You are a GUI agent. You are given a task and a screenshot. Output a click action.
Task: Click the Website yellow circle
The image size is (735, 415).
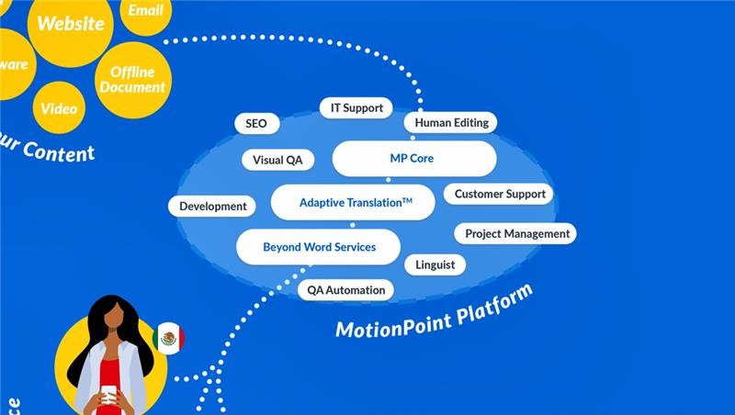pos(70,23)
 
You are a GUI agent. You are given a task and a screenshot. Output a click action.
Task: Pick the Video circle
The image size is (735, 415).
pos(59,108)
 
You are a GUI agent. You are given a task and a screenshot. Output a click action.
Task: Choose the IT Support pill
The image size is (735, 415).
pos(356,108)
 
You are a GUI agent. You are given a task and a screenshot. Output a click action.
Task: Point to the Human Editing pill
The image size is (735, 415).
pos(451,123)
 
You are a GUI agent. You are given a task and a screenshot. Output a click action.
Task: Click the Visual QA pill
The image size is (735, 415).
pos(277,160)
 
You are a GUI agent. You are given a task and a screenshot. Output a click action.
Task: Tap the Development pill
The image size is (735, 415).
pos(213,207)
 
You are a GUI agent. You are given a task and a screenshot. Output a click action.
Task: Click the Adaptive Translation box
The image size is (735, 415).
pos(353,202)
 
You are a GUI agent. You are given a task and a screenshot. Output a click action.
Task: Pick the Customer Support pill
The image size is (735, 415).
pos(500,195)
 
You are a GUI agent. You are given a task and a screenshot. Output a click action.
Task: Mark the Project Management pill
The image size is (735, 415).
pos(517,234)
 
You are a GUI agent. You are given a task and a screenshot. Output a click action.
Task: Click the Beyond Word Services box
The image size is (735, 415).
pos(319,247)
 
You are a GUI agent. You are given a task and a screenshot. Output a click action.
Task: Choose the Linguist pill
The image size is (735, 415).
pos(435,264)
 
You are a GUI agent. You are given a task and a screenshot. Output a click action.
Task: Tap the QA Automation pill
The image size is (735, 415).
pos(346,290)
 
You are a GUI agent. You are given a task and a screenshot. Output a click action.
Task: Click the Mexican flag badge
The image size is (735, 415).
pos(168,339)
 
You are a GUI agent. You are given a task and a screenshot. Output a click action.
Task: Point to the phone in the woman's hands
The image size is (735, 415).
pos(109,394)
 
